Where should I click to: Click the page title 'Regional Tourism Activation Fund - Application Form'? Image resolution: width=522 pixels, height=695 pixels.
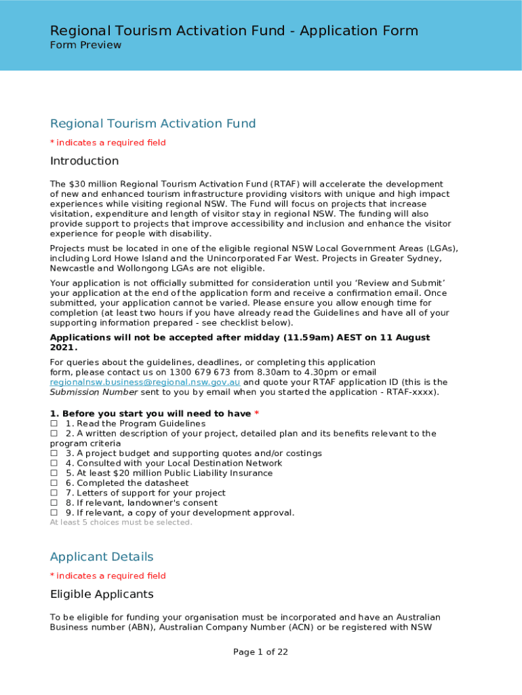[x=234, y=31]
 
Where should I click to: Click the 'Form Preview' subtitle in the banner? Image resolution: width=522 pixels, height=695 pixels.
[x=85, y=45]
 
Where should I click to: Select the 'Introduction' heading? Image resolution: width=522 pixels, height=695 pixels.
[x=84, y=161]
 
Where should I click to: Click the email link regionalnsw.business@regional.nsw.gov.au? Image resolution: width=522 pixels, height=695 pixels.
[x=145, y=382]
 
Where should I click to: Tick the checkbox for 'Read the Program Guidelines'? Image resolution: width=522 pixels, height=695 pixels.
[x=54, y=424]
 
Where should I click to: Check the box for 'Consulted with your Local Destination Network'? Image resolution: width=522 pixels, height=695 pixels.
[x=54, y=464]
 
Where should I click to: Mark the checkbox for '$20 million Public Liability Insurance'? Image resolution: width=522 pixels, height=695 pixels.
[x=54, y=473]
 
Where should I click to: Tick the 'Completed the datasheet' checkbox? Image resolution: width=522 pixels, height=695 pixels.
[x=54, y=483]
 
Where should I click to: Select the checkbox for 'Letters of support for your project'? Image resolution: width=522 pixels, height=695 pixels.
[x=54, y=493]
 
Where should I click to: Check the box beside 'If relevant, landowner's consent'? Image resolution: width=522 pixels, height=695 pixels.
[x=54, y=503]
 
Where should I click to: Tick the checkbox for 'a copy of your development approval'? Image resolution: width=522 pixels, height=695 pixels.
[x=54, y=513]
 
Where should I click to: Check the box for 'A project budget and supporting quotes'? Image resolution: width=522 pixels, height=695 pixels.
[x=54, y=453]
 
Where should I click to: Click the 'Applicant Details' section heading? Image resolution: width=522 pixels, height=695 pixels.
[x=102, y=557]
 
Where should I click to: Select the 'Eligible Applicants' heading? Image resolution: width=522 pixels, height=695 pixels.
[x=102, y=595]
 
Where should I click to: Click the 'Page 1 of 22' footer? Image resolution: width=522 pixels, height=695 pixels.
[x=261, y=652]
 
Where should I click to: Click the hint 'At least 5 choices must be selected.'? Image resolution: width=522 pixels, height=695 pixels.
[x=121, y=523]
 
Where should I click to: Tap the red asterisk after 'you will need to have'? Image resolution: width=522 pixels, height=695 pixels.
[x=257, y=413]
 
